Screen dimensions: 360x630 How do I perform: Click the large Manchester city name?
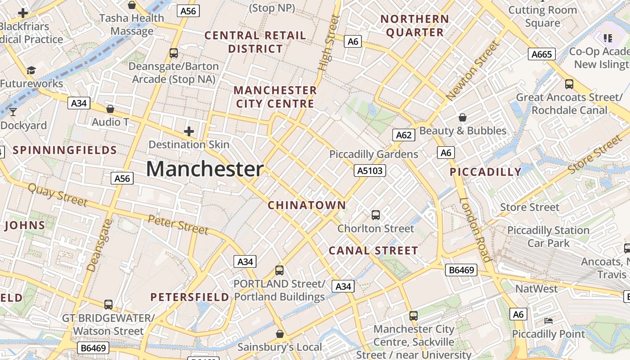205,169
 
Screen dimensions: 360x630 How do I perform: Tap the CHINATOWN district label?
307,206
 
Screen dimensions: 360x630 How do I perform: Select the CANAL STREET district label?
373,251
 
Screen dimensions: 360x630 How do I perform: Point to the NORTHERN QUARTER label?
414,26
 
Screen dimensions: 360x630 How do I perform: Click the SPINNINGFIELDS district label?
65,150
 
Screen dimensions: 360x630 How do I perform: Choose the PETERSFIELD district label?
190,297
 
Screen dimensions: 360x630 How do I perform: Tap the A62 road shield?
403,135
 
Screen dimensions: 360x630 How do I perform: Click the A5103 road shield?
370,171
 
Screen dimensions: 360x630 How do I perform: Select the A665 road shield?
541,54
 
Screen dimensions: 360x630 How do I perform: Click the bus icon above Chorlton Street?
376,215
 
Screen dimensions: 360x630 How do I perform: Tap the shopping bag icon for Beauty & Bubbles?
462,117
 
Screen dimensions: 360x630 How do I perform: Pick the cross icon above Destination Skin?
189,131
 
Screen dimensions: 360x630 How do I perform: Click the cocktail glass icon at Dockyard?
13,112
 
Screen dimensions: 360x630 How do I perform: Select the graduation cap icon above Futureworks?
31,70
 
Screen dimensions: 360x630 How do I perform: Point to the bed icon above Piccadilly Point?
549,321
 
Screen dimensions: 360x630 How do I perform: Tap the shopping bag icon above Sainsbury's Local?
279,334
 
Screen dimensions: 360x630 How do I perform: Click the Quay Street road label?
58,195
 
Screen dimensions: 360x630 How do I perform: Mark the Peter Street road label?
178,225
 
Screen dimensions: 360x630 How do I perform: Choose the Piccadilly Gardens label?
373,154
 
